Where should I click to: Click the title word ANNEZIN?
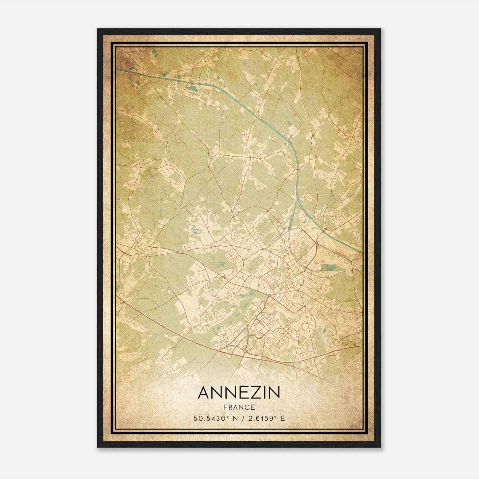[x=239, y=393]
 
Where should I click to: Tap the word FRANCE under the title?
[x=239, y=407]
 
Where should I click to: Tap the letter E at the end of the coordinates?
[x=283, y=418]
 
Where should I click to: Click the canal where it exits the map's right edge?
[x=362, y=251]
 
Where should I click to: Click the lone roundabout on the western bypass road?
[x=177, y=253]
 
